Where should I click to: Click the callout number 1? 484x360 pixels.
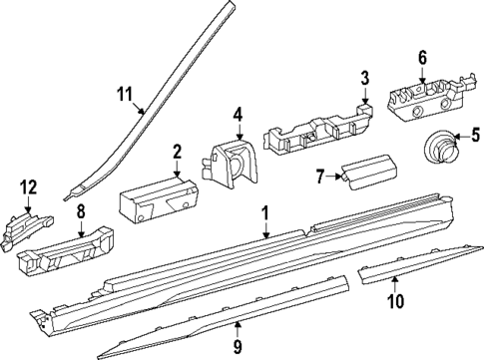265,212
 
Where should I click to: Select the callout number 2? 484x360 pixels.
177,152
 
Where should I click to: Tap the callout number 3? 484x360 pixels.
364,78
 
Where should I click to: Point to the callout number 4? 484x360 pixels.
238,115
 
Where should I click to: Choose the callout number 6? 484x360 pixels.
421,57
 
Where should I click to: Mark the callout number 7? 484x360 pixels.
320,177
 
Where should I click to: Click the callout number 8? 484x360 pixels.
82,211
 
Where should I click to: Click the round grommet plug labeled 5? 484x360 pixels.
435,147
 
